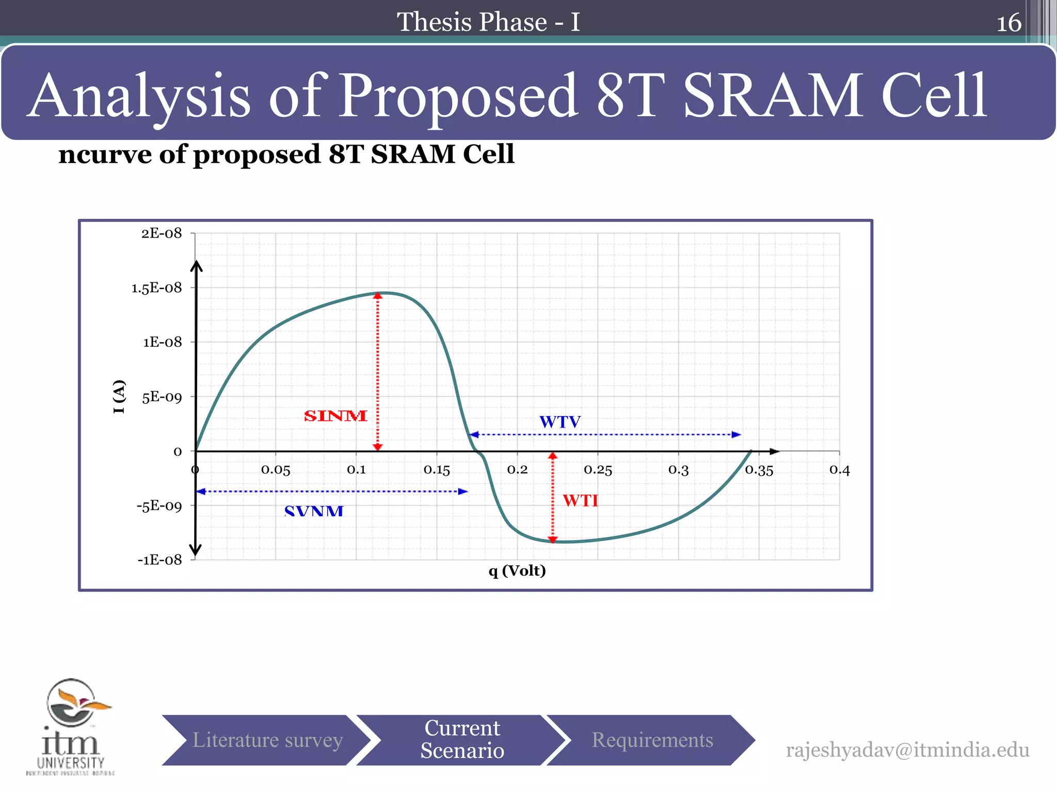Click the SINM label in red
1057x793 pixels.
click(x=335, y=416)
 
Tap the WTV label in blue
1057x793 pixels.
click(x=560, y=422)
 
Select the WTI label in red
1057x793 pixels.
click(x=581, y=501)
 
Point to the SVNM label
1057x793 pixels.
click(x=314, y=511)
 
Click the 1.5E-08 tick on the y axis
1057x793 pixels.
click(x=157, y=288)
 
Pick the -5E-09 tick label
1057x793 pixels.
click(x=159, y=506)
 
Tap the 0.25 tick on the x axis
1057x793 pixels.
click(x=598, y=470)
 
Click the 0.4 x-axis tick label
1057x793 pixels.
click(x=839, y=470)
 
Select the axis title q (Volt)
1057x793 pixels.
click(x=517, y=570)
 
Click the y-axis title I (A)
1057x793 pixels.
click(x=119, y=396)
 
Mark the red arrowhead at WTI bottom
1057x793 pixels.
click(x=553, y=540)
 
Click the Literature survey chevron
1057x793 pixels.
click(x=267, y=740)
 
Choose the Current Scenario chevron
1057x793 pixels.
click(x=462, y=739)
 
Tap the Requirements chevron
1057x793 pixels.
click(x=652, y=740)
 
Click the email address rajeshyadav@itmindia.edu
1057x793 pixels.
click(x=907, y=750)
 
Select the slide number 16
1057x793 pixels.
click(x=1008, y=23)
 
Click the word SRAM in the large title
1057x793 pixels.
click(x=773, y=96)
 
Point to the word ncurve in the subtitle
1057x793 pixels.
click(x=106, y=154)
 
